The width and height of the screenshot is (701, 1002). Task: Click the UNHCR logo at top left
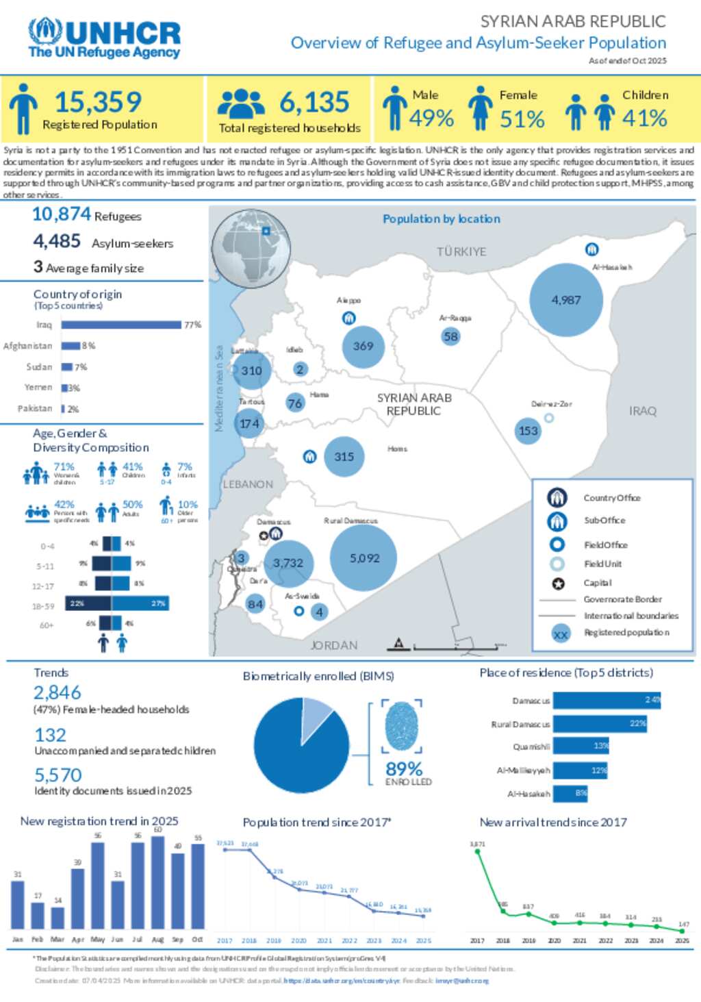pos(104,38)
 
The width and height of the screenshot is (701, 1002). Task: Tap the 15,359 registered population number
pos(98,102)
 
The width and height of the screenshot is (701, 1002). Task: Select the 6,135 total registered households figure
pos(314,103)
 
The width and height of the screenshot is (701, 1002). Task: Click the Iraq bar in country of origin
pos(121,325)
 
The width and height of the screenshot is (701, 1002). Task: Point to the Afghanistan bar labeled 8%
pos(71,346)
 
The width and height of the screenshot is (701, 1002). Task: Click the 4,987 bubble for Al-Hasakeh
pos(566,300)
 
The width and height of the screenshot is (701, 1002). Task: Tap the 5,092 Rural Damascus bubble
pos(364,558)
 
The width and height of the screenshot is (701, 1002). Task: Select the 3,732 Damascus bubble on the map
pos(288,563)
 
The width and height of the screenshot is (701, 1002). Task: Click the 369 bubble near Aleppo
pos(363,346)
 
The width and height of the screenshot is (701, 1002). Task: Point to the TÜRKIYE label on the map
pos(461,251)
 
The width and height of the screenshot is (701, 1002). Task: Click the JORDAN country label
pos(333,645)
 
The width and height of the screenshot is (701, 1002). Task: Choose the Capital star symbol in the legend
pos(558,584)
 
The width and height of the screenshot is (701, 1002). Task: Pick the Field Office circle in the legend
pos(557,544)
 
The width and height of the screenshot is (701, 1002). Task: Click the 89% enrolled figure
pos(404,768)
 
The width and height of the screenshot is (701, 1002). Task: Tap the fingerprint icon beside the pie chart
pos(402,726)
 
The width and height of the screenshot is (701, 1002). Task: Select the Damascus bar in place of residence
pos(607,700)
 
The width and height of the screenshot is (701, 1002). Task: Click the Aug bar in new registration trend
pos(157,882)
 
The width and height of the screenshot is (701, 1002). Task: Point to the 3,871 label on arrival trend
pos(477,844)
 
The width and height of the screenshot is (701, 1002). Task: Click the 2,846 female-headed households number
pos(58,692)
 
